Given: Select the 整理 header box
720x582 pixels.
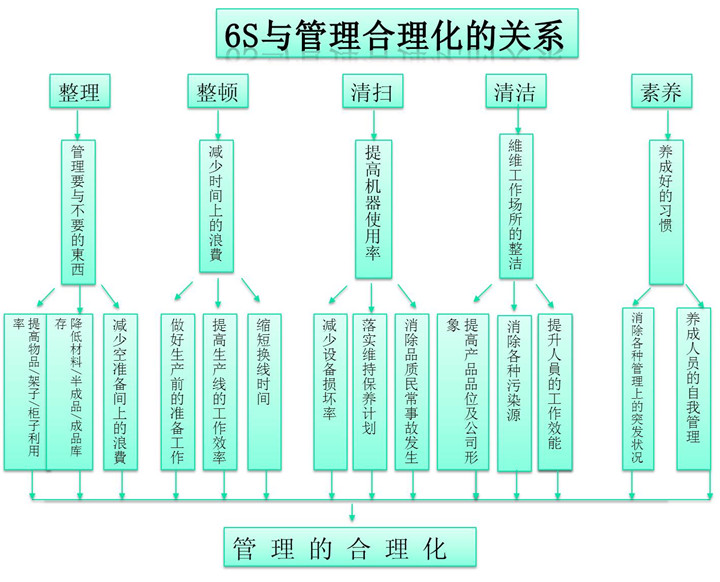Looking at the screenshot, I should coord(79,93).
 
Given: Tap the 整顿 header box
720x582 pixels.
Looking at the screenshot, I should coord(217,93).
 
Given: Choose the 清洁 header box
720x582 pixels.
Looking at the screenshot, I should coord(514,93).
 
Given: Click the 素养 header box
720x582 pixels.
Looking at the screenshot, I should coord(661,93).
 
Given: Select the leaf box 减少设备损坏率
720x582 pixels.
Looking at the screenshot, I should coord(330,390).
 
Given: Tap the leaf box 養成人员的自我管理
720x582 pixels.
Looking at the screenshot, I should coord(693,390).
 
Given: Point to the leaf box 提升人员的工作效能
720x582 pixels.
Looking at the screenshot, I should coord(556,390).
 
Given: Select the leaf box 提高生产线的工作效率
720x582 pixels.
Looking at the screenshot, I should coord(220,390).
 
